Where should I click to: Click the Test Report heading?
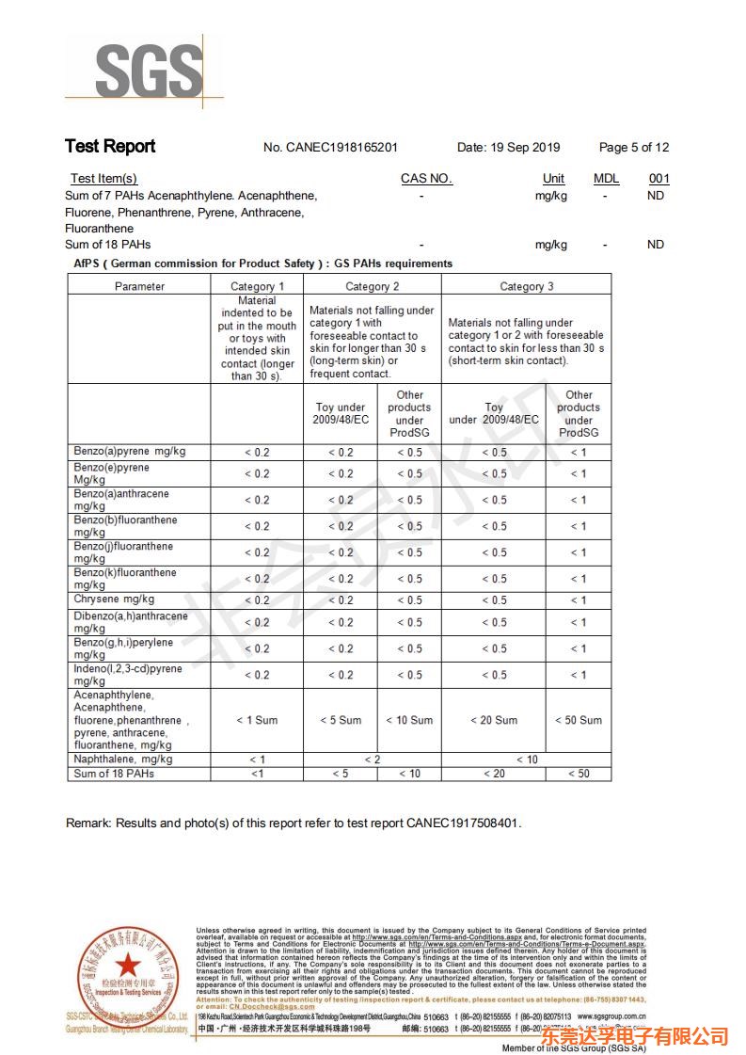(110, 146)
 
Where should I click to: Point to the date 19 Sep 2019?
(508, 148)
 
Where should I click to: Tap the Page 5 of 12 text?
(633, 148)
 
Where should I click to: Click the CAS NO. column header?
(426, 179)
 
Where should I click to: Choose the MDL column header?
(606, 179)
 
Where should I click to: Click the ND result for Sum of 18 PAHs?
(656, 245)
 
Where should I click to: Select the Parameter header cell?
(139, 286)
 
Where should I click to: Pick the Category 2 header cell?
(372, 286)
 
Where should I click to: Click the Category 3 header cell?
(526, 286)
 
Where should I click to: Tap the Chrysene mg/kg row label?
(114, 599)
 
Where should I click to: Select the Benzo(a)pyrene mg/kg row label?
(130, 452)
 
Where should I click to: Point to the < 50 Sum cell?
(578, 720)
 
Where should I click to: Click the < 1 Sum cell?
(257, 720)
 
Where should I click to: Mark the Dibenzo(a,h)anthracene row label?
(130, 616)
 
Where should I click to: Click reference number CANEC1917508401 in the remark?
(462, 823)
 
